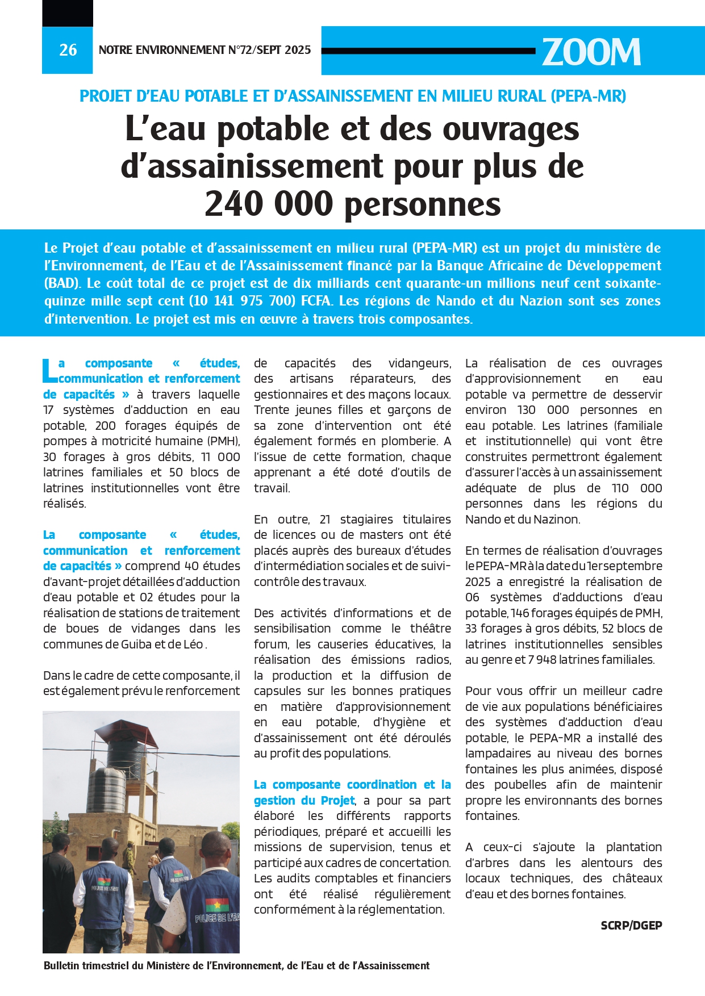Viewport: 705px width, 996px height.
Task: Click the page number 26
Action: point(68,50)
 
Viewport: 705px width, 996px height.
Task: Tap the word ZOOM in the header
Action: point(591,52)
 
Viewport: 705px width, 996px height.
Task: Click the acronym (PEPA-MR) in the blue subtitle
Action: point(588,96)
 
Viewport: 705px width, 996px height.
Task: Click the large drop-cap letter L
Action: point(50,371)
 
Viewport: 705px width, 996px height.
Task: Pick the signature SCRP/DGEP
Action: point(631,925)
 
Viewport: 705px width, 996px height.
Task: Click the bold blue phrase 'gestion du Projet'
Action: point(304,800)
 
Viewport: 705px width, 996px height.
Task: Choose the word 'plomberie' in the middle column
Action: point(407,441)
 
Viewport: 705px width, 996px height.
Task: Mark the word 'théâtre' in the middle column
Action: point(430,629)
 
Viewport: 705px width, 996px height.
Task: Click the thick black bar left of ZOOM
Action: point(428,51)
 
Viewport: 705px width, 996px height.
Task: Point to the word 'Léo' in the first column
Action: point(193,645)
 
